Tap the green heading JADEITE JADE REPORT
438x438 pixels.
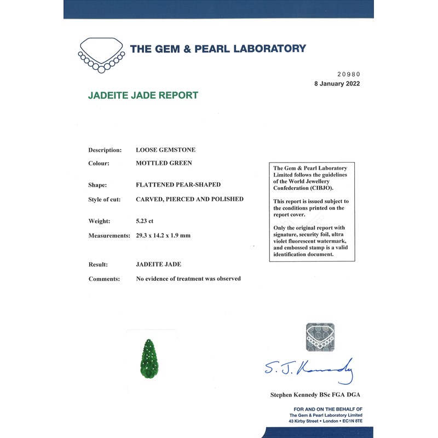(143, 95)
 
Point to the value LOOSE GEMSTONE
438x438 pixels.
(165, 149)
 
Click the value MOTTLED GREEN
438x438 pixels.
(164, 163)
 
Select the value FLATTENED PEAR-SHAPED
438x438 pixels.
(178, 185)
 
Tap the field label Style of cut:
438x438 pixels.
(108, 199)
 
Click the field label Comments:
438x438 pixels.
(104, 279)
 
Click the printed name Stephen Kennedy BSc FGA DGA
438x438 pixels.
(315, 395)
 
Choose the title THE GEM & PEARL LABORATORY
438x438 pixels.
(218, 49)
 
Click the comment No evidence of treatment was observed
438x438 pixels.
(188, 279)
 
